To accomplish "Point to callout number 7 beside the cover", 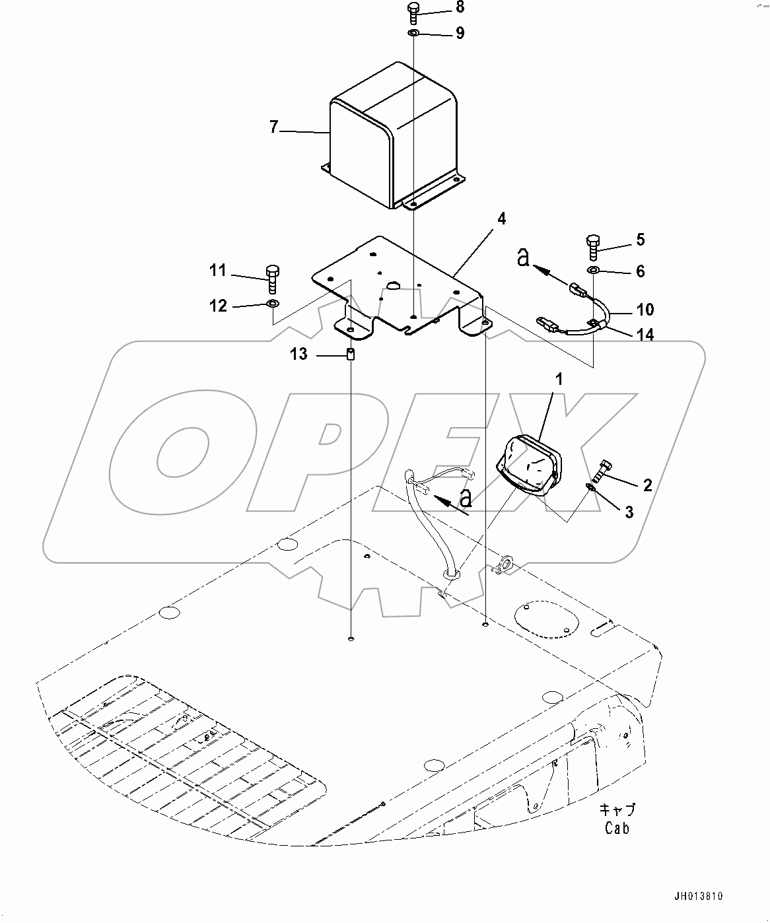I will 274,127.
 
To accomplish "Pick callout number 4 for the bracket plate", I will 501,219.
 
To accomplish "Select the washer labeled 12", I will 272,304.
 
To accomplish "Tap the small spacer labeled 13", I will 351,355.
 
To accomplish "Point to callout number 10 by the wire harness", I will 645,310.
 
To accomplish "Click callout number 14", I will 645,335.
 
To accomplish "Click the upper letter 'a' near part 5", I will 523,258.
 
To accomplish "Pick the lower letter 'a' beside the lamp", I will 466,498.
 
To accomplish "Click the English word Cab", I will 617,827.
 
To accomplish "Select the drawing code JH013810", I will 699,896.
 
